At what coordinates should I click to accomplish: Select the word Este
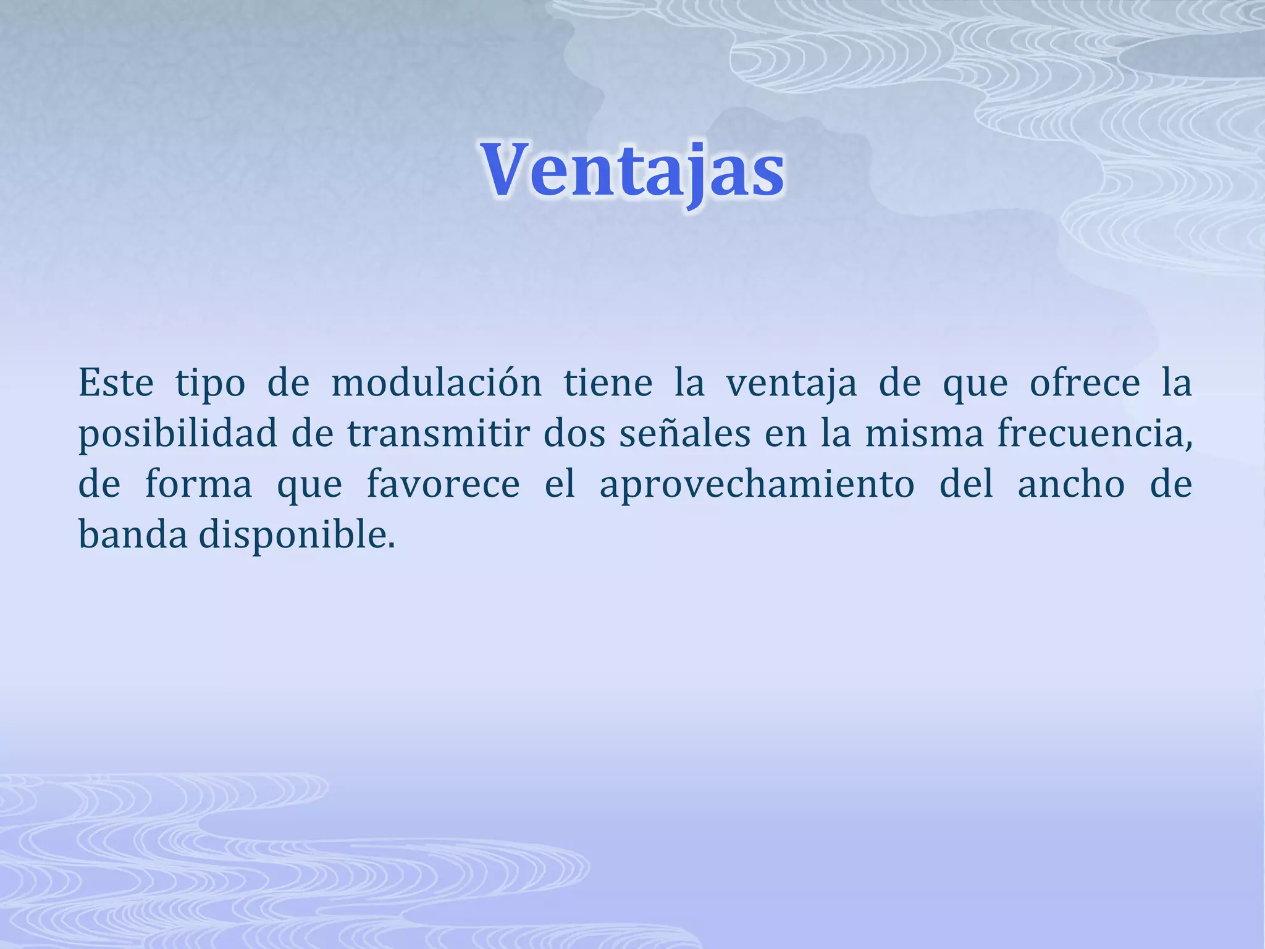point(116,383)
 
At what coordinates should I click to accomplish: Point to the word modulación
point(437,383)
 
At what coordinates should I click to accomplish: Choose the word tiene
point(608,383)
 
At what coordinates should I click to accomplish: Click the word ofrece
point(1085,383)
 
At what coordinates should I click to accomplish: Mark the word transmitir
point(439,434)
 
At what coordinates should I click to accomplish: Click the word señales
point(685,434)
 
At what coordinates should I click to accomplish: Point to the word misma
point(924,434)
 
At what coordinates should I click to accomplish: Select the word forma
point(198,484)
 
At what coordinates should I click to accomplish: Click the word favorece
point(443,484)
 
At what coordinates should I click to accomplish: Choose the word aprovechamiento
point(757,486)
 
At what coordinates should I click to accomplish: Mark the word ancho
point(1071,484)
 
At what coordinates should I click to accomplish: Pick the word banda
point(133,535)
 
